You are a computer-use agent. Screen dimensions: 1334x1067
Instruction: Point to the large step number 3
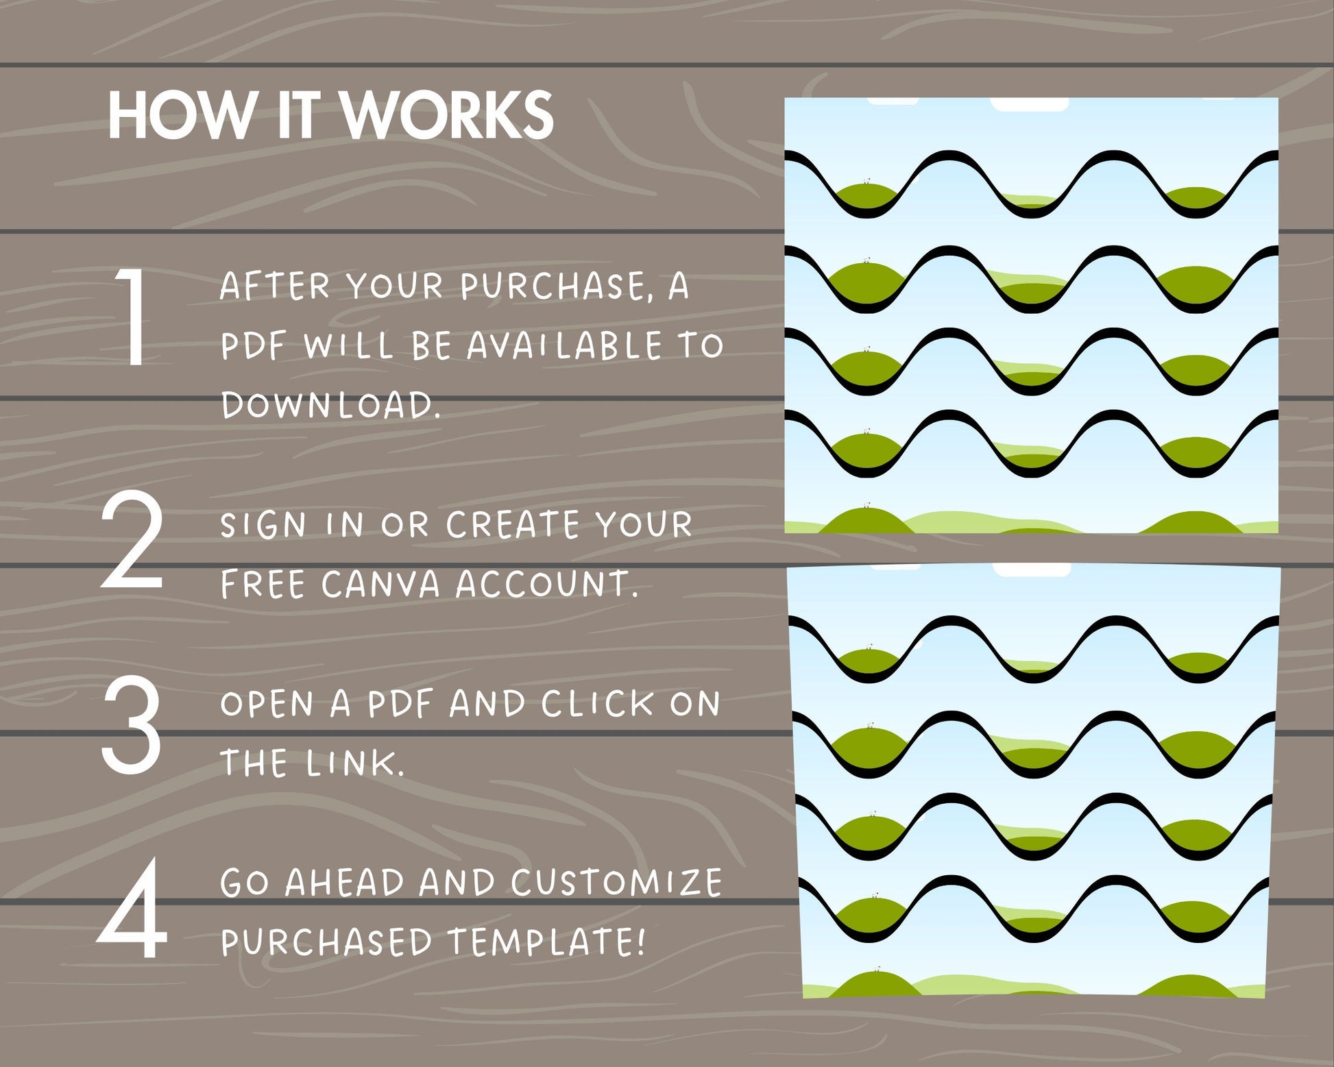coord(132,724)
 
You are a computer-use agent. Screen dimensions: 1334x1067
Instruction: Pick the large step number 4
coord(132,909)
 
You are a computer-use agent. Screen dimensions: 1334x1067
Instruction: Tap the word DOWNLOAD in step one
coord(330,405)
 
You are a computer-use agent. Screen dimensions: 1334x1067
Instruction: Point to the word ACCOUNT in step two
coord(546,585)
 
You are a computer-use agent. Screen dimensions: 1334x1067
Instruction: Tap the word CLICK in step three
coord(597,704)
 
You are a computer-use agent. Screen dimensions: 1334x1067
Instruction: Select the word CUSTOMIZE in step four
coord(616,882)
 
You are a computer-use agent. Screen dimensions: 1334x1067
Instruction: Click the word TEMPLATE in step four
coord(547,942)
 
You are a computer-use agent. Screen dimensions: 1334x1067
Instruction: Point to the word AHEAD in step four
coord(345,882)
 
